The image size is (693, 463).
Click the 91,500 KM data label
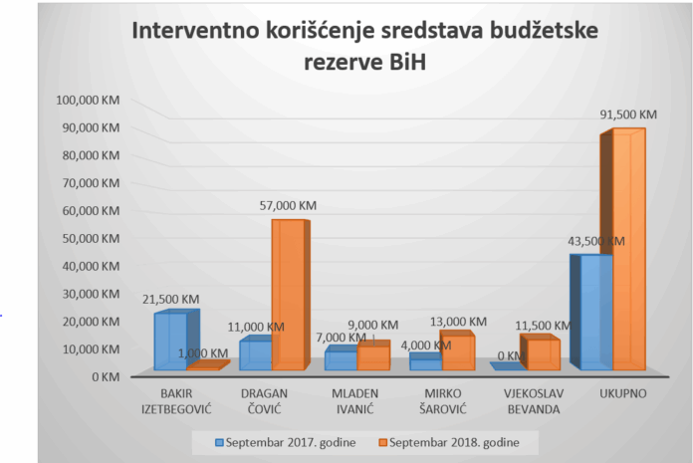628,115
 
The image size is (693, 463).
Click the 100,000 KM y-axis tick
89,101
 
